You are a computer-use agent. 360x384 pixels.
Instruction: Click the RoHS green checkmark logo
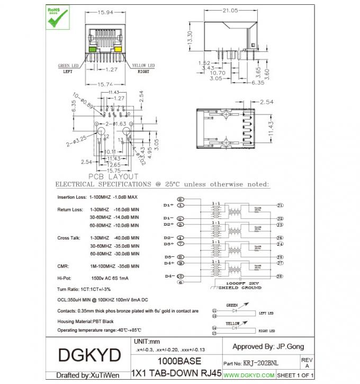coord(57,17)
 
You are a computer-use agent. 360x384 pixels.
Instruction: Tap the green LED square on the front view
coord(93,49)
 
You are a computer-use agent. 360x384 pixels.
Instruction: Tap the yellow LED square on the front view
coord(119,49)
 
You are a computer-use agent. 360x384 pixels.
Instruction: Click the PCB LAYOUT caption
coord(113,176)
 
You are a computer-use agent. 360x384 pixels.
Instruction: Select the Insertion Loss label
coord(71,197)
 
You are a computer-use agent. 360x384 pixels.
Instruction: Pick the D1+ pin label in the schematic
coord(168,205)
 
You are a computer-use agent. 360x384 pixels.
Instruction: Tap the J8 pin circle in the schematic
coord(280,276)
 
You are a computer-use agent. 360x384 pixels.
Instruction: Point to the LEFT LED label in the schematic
coord(266,314)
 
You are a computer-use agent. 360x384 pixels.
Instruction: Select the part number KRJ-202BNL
coord(260,363)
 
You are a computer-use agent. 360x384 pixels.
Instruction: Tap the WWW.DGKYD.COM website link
coord(249,376)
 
